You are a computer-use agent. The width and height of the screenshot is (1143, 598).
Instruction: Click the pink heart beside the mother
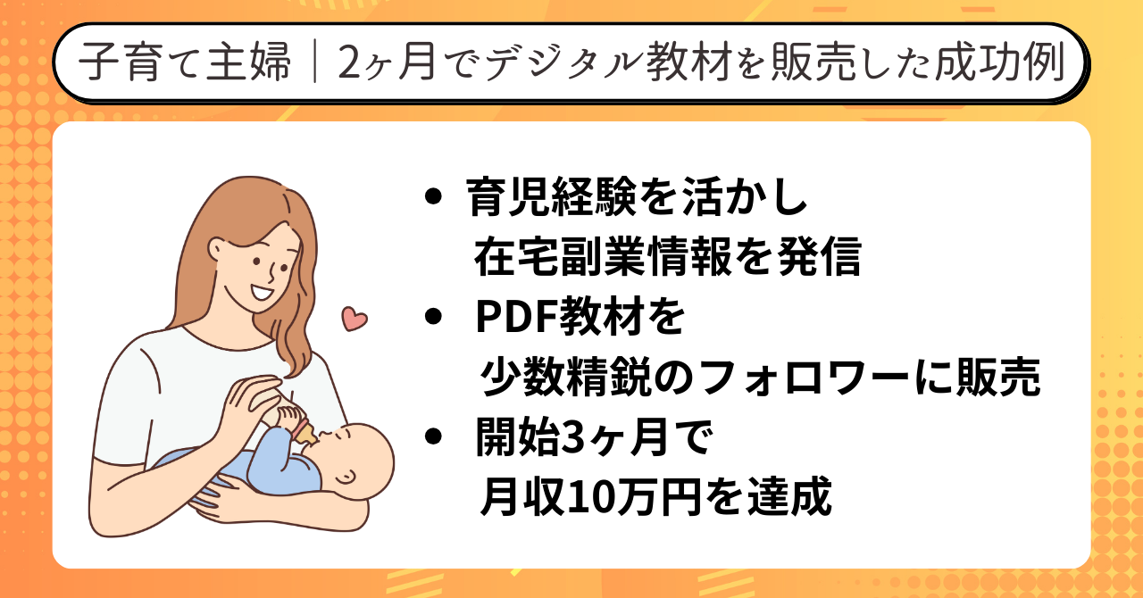(355, 319)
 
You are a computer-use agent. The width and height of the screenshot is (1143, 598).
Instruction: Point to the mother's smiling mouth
(263, 294)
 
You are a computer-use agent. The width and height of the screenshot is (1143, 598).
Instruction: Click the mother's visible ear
(216, 251)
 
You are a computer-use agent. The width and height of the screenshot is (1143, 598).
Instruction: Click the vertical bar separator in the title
(315, 62)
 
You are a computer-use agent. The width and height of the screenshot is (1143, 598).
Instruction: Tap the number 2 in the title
(349, 63)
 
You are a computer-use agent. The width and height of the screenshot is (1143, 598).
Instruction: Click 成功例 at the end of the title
(999, 62)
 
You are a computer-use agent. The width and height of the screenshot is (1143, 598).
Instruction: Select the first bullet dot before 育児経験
(433, 197)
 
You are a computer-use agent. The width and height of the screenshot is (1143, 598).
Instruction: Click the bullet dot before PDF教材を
(433, 316)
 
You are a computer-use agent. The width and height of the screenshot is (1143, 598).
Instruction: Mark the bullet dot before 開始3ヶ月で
(433, 436)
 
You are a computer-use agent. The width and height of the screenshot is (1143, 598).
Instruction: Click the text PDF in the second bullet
(516, 318)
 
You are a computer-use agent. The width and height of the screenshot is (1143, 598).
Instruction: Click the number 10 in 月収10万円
(588, 497)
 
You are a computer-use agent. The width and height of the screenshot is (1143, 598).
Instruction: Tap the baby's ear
(346, 478)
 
